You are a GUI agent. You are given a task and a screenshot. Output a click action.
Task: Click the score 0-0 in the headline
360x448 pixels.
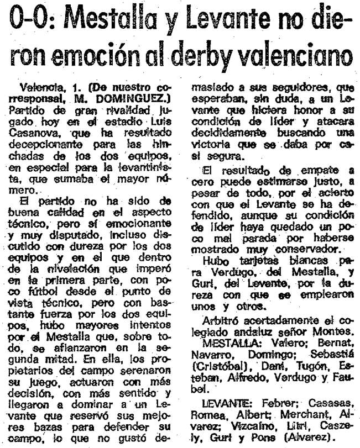(x=35, y=23)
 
